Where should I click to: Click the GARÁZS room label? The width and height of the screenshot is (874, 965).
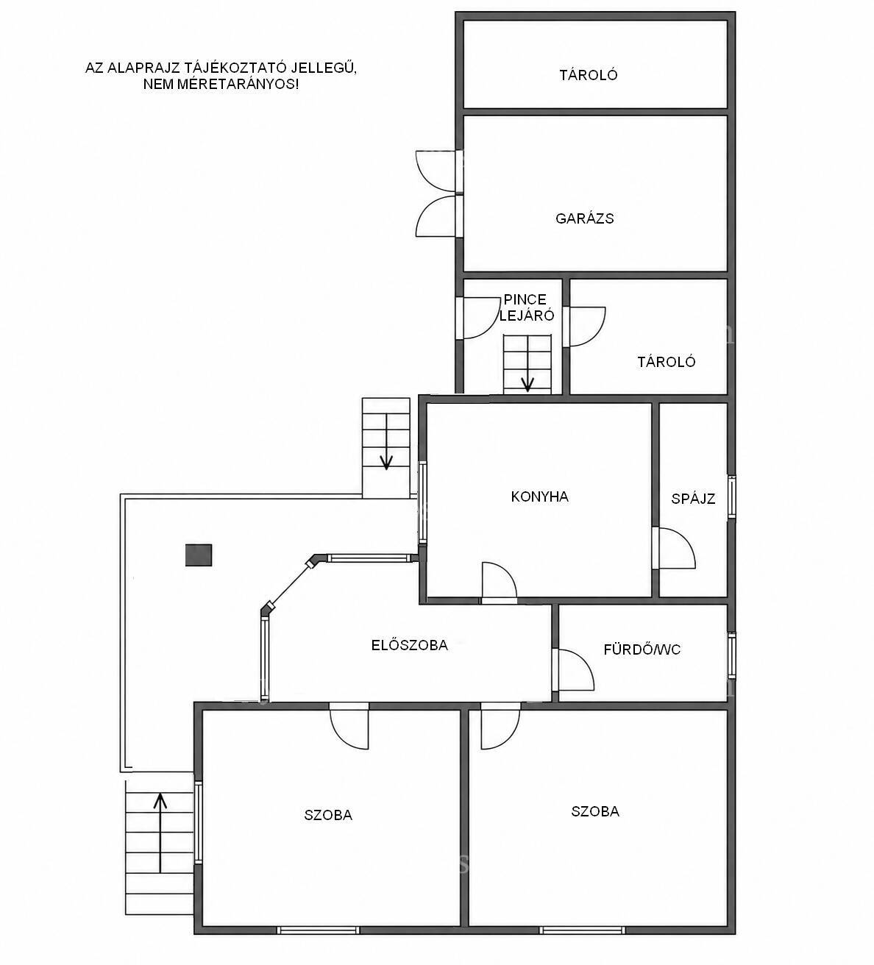coord(584,219)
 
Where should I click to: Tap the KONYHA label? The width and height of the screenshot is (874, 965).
coord(539,496)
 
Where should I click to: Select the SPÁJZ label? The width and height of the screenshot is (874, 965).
coord(693,499)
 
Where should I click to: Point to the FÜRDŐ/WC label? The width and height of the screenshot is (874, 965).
coord(642,649)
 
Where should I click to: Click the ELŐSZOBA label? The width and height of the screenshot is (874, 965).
coord(410,645)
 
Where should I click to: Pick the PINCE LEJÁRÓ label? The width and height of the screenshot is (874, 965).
coord(526,307)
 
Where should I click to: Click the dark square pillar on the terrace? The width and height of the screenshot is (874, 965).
coord(199,555)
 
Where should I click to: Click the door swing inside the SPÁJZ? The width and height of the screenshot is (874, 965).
coord(683,543)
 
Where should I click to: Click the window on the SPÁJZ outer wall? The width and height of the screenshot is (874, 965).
coord(731,497)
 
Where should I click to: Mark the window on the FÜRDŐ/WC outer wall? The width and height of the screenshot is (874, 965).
coord(731,655)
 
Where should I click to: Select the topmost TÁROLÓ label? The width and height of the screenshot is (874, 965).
coord(588,75)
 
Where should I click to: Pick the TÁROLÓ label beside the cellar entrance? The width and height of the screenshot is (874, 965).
coord(667,362)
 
